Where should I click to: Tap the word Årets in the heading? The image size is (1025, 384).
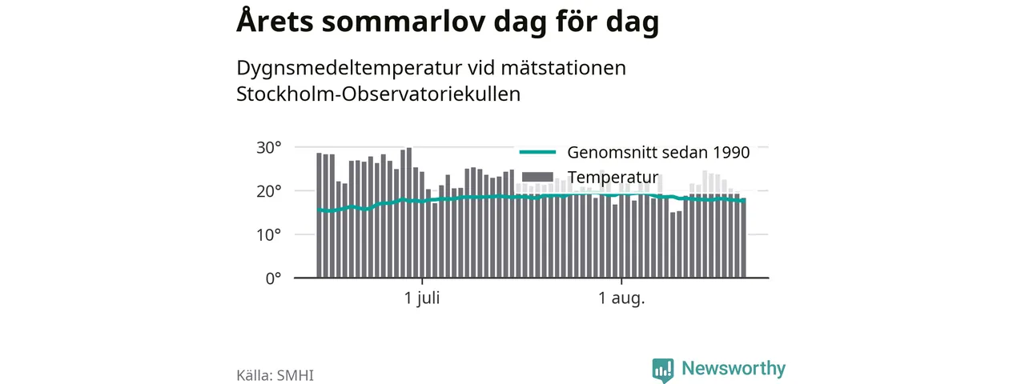coord(275,20)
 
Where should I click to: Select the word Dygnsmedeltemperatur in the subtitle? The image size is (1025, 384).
coord(349,69)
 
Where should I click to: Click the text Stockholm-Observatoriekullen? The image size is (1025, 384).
coord(379,94)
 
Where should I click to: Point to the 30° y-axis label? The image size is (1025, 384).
coord(268,148)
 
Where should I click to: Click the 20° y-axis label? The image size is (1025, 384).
coord(268,191)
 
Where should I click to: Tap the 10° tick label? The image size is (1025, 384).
coord(268,235)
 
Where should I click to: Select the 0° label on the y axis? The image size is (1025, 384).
coord(273,278)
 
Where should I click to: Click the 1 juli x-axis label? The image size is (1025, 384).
coord(422,298)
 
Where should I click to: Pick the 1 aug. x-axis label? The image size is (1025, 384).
coord(621,298)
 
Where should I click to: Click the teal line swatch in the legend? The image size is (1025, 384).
coord(537,152)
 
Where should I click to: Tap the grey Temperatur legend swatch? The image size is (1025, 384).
coord(537,177)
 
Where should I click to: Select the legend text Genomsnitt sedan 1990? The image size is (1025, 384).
coord(658,152)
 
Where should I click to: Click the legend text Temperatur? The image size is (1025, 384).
coord(613,177)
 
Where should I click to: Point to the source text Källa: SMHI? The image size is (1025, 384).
coord(275,375)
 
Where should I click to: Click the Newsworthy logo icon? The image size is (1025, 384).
coord(663,370)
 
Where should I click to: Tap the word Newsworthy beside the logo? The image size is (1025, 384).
coord(734,368)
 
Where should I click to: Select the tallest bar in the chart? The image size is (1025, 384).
coord(409,213)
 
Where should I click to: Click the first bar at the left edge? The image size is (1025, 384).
coord(319,215)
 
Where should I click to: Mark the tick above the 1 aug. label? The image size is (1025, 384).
coord(621,281)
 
